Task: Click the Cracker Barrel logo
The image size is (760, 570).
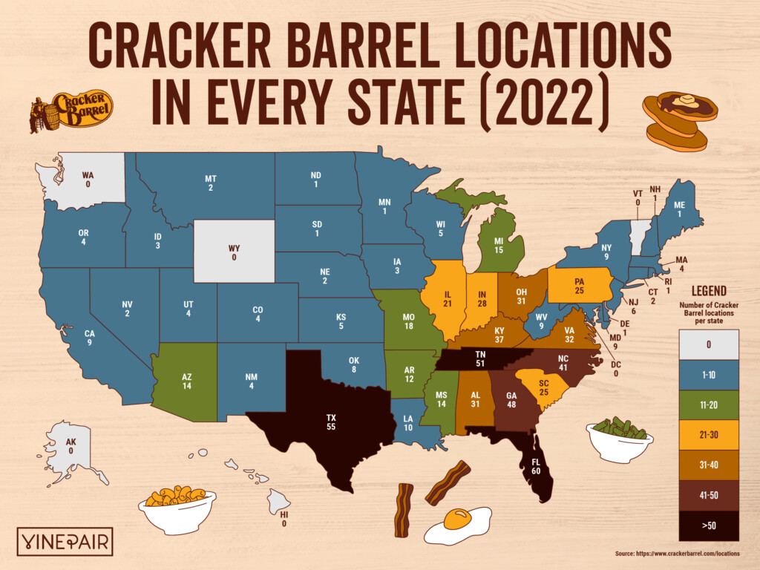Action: (71, 112)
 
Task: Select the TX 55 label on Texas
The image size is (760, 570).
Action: (330, 423)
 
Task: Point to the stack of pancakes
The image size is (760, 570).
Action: (678, 122)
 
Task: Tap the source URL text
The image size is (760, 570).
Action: (677, 554)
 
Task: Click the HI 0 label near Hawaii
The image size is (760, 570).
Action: (284, 519)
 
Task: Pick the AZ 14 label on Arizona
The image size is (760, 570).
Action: (186, 381)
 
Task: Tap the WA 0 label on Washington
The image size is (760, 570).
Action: (88, 180)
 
